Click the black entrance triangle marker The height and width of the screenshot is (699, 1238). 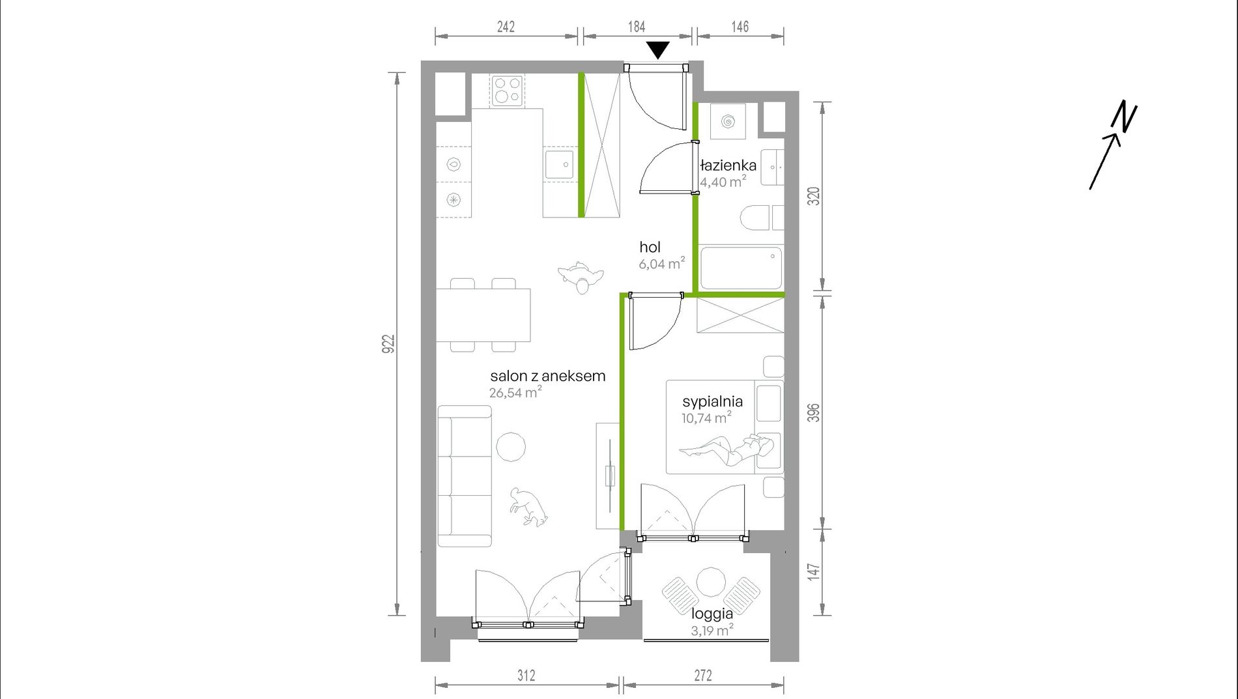(x=658, y=50)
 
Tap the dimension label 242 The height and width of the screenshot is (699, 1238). (x=506, y=27)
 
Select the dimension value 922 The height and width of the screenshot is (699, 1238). (x=388, y=344)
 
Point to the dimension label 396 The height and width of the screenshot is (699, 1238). (x=814, y=413)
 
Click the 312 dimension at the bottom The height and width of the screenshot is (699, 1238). (x=526, y=676)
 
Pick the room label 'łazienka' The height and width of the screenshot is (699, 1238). (x=728, y=165)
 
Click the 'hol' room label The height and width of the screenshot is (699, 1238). (x=650, y=247)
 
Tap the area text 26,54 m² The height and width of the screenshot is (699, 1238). (x=515, y=392)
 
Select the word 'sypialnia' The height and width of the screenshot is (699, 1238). (x=713, y=402)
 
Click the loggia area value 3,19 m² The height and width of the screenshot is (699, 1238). (x=712, y=630)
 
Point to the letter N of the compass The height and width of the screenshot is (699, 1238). (x=1125, y=117)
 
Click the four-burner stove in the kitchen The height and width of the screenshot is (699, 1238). (x=508, y=91)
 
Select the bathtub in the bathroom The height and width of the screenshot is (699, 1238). (x=740, y=266)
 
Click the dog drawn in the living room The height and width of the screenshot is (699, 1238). (x=528, y=507)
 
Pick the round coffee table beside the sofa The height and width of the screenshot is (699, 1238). (x=511, y=447)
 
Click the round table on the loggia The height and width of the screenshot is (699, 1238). (x=710, y=582)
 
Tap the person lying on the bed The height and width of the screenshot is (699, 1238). (x=727, y=450)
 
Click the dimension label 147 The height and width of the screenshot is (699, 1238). (x=814, y=571)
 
